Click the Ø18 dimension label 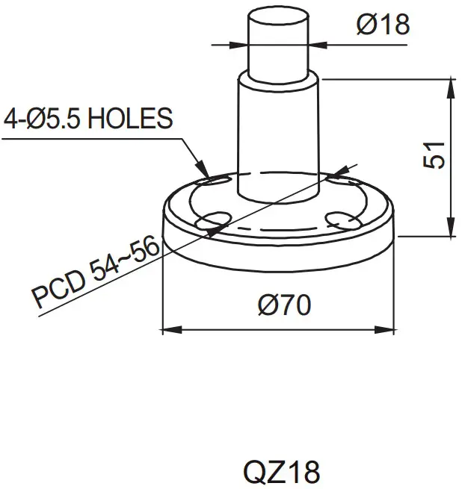click(x=383, y=25)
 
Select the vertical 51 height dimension click(x=436, y=155)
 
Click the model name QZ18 click(x=281, y=472)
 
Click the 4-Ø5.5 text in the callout click(x=43, y=119)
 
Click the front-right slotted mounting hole click(x=342, y=219)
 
